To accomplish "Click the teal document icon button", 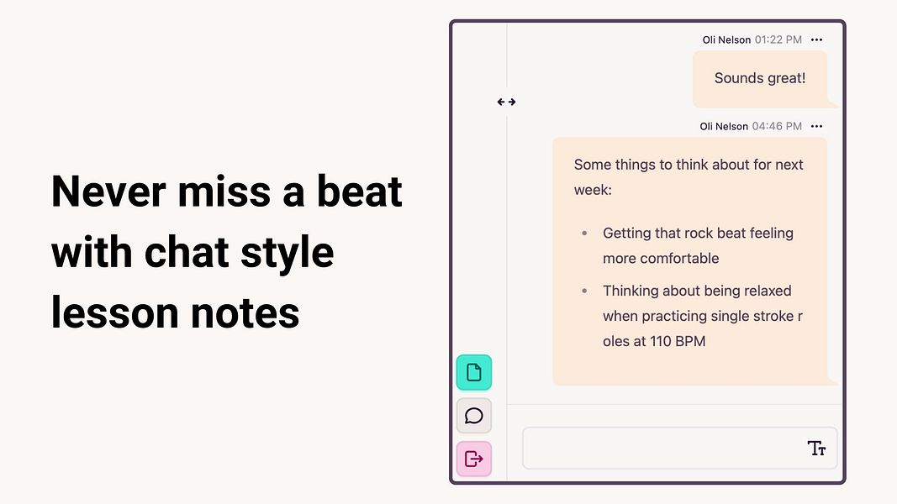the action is click(473, 373).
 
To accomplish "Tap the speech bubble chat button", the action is click(473, 416).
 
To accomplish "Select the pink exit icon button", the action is click(473, 459).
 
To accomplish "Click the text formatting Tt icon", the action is click(816, 448).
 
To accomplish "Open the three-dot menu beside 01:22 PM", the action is click(816, 40).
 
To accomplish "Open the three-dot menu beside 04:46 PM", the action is click(816, 126).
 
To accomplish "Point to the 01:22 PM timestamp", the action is click(778, 40).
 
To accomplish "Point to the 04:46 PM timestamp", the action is click(777, 126).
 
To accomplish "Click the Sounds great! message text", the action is click(760, 78).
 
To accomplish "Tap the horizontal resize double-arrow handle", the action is click(506, 102).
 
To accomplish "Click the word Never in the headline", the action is click(108, 192).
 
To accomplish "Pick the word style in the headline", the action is click(287, 253).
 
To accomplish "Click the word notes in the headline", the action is click(245, 313).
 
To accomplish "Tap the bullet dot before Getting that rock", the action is click(584, 234).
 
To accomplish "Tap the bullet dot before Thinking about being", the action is click(584, 291).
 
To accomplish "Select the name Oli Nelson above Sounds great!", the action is click(726, 40).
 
